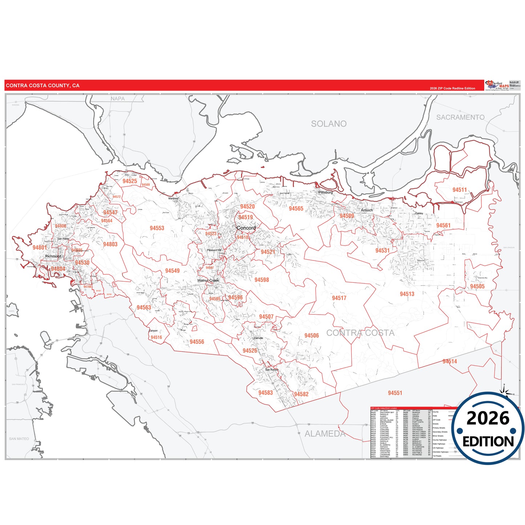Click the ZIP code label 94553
point(157,228)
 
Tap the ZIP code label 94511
point(460,190)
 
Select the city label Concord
point(246,228)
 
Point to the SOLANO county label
point(329,124)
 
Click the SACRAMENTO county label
point(460,117)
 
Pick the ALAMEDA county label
point(325,434)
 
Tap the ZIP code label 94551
point(395,393)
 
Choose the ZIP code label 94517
point(339,298)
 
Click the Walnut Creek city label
point(208,280)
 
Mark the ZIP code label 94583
point(266,393)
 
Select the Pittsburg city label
point(326,192)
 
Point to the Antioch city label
point(367,210)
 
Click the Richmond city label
point(53,256)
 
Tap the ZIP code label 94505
point(477,286)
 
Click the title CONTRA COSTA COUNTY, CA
point(43,86)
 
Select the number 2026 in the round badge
point(488,418)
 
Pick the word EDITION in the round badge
point(488,441)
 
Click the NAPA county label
point(118,98)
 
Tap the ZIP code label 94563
point(144,307)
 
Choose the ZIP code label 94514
point(449,361)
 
